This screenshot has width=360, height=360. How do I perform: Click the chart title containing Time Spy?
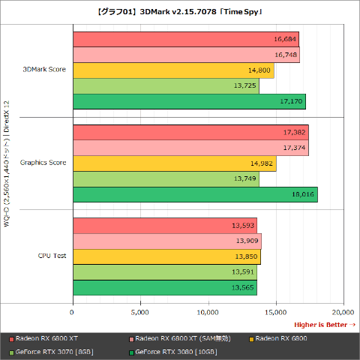180,12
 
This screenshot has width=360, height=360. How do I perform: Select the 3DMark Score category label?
43,70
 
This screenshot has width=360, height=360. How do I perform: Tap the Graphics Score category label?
42,163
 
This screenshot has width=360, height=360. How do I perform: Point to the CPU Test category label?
52,256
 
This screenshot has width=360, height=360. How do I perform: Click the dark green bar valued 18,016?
195,194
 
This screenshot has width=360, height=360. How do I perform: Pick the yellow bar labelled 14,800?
173,70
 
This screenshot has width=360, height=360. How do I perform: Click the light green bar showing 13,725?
166,85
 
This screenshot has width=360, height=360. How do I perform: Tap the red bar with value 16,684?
185,39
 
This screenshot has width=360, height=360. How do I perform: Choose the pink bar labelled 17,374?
190,148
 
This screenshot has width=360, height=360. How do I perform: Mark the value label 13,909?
247,241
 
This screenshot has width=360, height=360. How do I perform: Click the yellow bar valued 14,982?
174,163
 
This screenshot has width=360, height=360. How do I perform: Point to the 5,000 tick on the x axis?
140,312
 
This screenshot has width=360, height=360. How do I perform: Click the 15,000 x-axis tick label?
276,312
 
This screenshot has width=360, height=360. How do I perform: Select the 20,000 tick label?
343,312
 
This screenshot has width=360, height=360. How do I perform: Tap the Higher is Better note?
324,325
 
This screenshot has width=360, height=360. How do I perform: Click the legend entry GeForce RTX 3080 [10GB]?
175,351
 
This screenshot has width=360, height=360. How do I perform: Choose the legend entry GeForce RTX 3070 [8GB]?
49,351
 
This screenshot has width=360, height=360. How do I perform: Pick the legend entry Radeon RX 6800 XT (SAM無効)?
175,338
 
